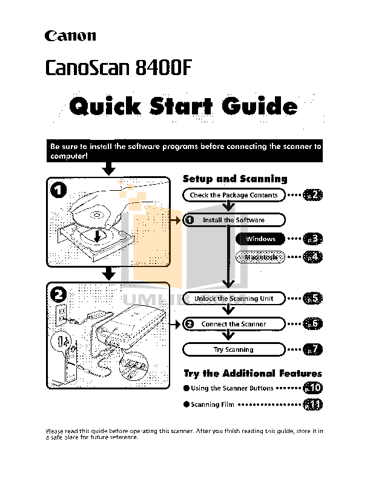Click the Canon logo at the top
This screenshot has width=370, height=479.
click(x=70, y=36)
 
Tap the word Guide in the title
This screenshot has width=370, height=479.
click(x=259, y=108)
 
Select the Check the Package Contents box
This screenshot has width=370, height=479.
click(x=233, y=195)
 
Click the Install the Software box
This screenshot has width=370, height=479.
click(x=233, y=220)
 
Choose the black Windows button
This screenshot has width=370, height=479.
click(x=260, y=239)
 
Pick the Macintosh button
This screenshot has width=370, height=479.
click(x=260, y=257)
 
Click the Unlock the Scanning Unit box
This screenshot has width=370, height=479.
click(x=233, y=299)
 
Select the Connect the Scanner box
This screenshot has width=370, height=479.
click(x=233, y=324)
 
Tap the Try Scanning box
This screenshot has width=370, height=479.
click(x=233, y=349)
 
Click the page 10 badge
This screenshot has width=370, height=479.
click(x=312, y=388)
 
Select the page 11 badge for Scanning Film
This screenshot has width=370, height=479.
click(x=312, y=405)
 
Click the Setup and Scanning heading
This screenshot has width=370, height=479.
click(x=235, y=179)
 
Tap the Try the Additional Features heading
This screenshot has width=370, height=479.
click(x=253, y=374)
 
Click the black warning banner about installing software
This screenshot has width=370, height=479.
click(x=184, y=151)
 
